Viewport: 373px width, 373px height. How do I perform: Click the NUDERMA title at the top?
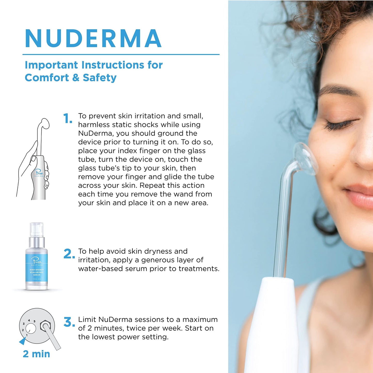coord(93,38)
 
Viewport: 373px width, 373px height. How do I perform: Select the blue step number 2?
coord(69,254)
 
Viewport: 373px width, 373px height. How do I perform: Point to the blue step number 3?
coord(69,322)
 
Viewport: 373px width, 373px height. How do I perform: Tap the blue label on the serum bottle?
coord(37,268)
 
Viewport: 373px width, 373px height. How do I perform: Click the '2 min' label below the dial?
coord(36,354)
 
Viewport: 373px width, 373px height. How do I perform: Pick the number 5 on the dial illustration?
coord(34,321)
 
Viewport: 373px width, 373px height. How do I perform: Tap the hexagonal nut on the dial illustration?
coord(46,326)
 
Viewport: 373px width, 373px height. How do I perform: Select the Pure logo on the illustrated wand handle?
coord(39,172)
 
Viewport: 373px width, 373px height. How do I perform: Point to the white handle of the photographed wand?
coord(274,323)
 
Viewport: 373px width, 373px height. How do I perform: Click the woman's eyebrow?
coord(338,90)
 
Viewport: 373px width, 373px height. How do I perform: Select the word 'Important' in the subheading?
coord(51,65)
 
